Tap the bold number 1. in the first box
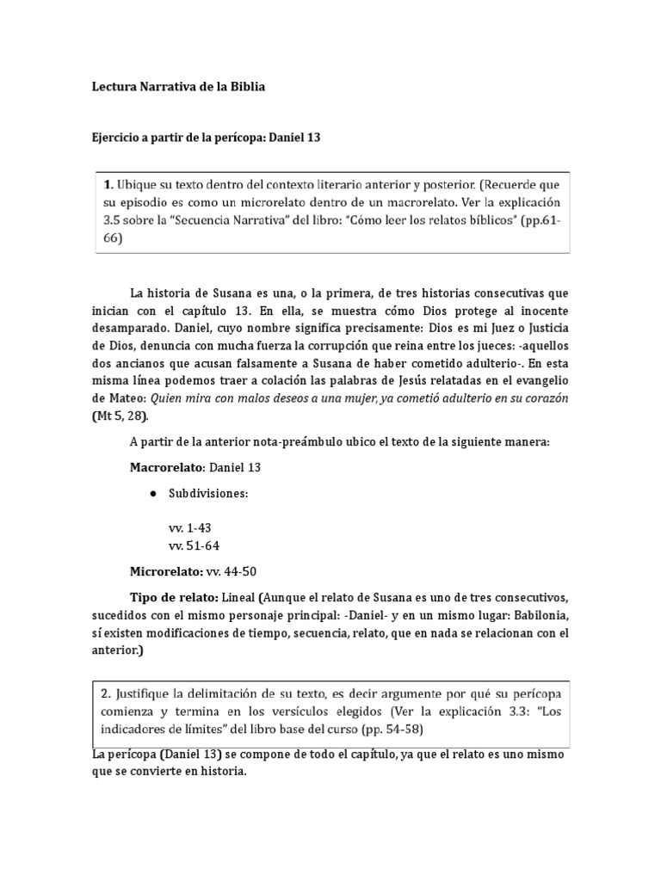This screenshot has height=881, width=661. (x=108, y=184)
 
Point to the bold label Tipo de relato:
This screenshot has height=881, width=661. (x=173, y=597)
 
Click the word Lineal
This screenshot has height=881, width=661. (x=238, y=597)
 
